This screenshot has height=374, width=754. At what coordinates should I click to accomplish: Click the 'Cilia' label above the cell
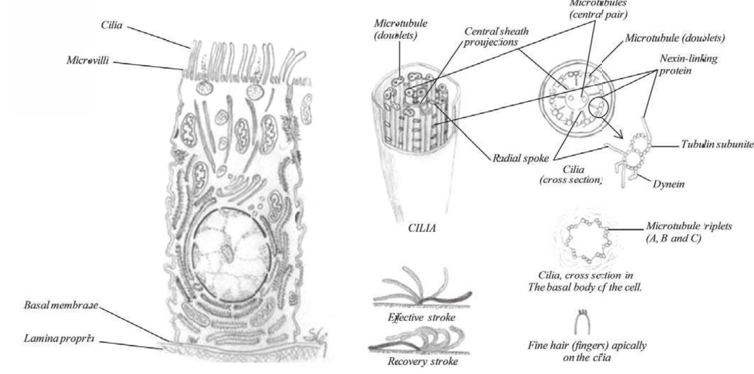(x=112, y=25)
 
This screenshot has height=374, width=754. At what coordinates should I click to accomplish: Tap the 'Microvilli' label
(x=88, y=61)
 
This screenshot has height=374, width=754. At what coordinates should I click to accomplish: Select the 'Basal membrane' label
(x=61, y=306)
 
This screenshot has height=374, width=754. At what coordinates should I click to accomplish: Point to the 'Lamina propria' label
(x=59, y=338)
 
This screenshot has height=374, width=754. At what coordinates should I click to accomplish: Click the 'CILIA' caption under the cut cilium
(x=422, y=228)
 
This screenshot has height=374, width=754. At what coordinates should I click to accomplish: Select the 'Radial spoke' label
(x=520, y=158)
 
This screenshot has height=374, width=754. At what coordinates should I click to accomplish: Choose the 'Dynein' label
(x=668, y=184)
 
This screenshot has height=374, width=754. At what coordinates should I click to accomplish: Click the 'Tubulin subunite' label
(x=717, y=145)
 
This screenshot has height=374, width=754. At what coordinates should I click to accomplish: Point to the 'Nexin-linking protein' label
(x=688, y=65)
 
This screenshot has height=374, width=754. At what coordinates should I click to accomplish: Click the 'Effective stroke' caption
(x=422, y=317)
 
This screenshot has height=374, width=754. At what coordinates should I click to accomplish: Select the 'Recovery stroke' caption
(x=423, y=362)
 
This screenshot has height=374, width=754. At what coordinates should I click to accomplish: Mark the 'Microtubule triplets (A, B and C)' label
(x=689, y=232)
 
